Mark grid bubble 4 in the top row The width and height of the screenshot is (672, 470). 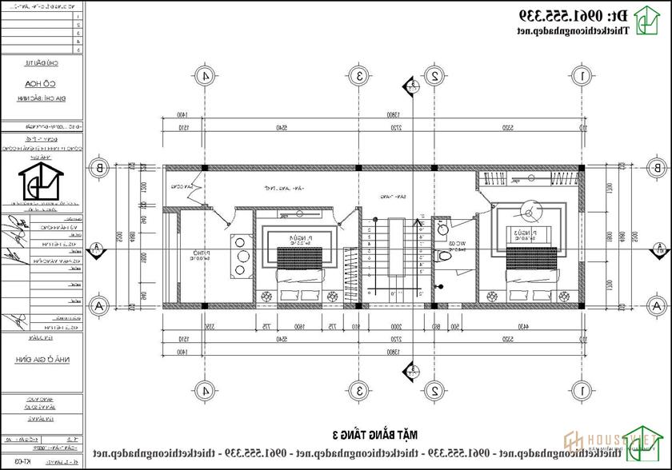point(206,76)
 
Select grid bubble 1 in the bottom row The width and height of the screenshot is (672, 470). point(582,390)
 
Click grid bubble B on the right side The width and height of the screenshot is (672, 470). point(655,168)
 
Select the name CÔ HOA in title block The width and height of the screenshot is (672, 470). point(48,82)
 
